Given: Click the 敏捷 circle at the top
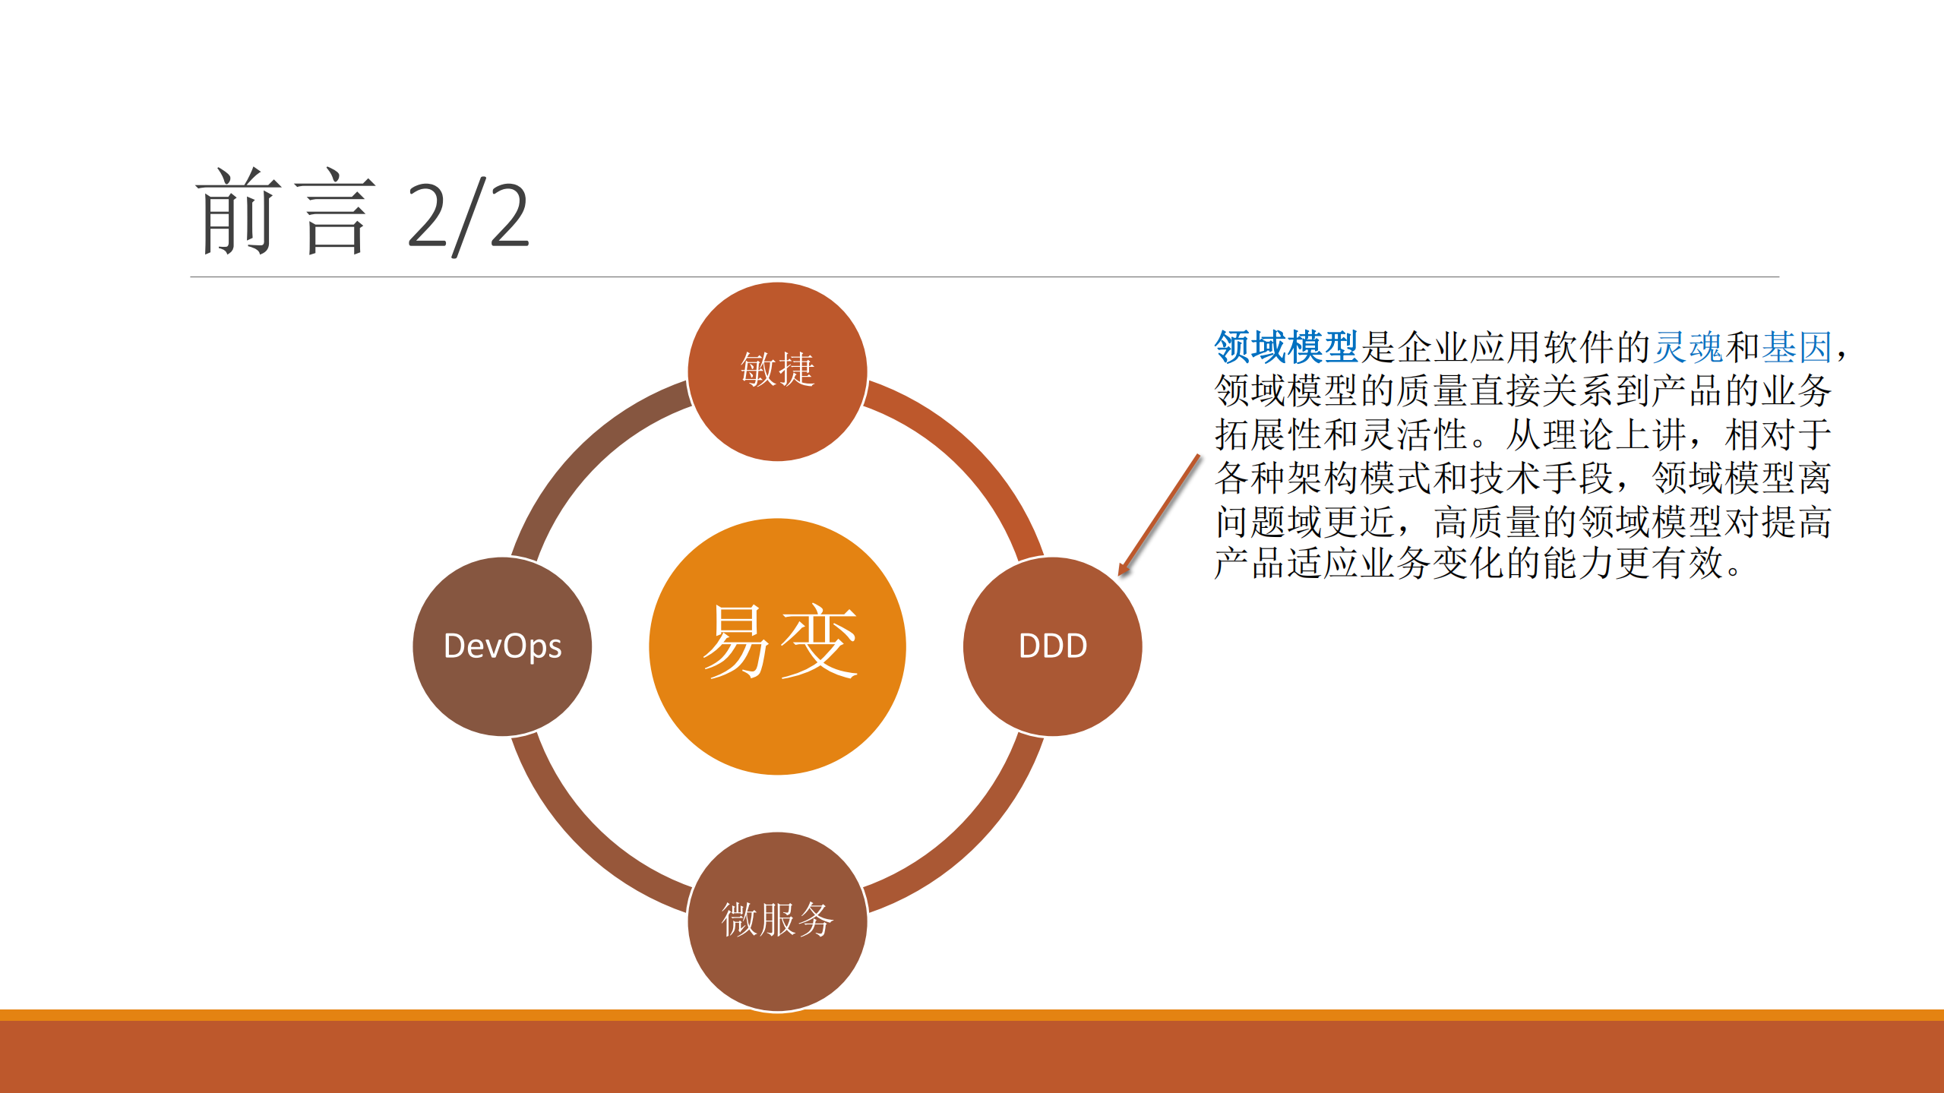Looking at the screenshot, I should click(777, 371).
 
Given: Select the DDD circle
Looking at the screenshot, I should click(1052, 646).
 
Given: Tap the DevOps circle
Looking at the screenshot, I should click(502, 646).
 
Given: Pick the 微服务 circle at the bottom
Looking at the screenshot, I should click(777, 921).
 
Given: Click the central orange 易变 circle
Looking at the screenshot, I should click(777, 646).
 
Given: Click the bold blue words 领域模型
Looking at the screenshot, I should click(1285, 347).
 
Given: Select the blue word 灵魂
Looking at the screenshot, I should click(1688, 347).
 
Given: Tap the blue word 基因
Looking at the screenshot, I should click(1797, 347).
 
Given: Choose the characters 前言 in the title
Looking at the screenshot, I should click(285, 213).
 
